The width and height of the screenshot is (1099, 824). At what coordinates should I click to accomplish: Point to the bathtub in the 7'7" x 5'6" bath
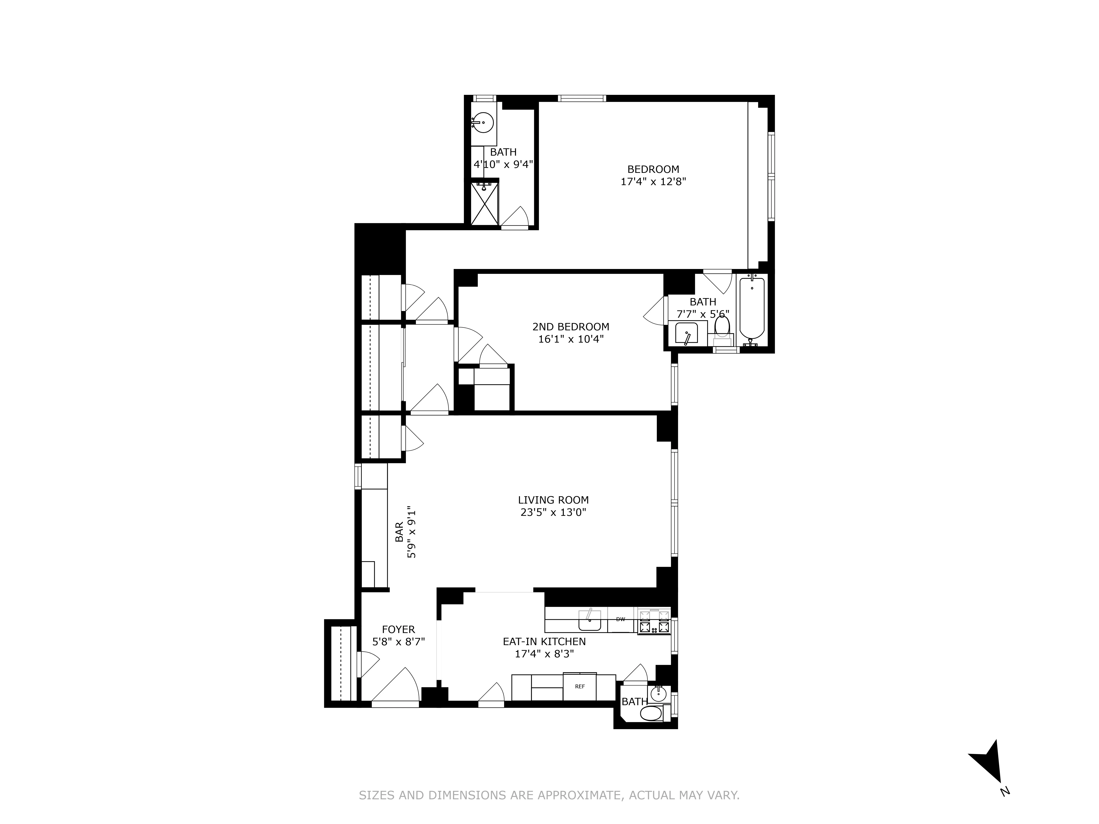pos(751,308)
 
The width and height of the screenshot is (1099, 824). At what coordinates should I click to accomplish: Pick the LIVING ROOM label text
pos(553,500)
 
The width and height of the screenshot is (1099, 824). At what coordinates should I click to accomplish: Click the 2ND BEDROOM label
pos(570,327)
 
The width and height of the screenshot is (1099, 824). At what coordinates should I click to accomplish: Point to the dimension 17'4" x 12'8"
pos(653,182)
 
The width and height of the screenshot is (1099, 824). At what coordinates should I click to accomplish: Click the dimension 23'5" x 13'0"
pos(553,513)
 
